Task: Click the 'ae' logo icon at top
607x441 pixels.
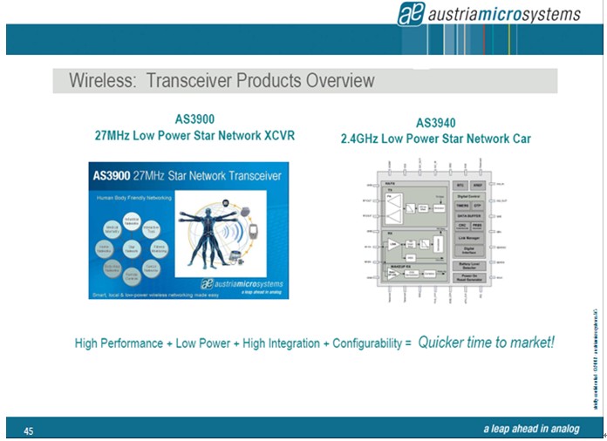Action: (x=416, y=14)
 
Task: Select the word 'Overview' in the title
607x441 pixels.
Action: (x=339, y=81)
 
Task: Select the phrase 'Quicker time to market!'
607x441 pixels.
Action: (x=486, y=343)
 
